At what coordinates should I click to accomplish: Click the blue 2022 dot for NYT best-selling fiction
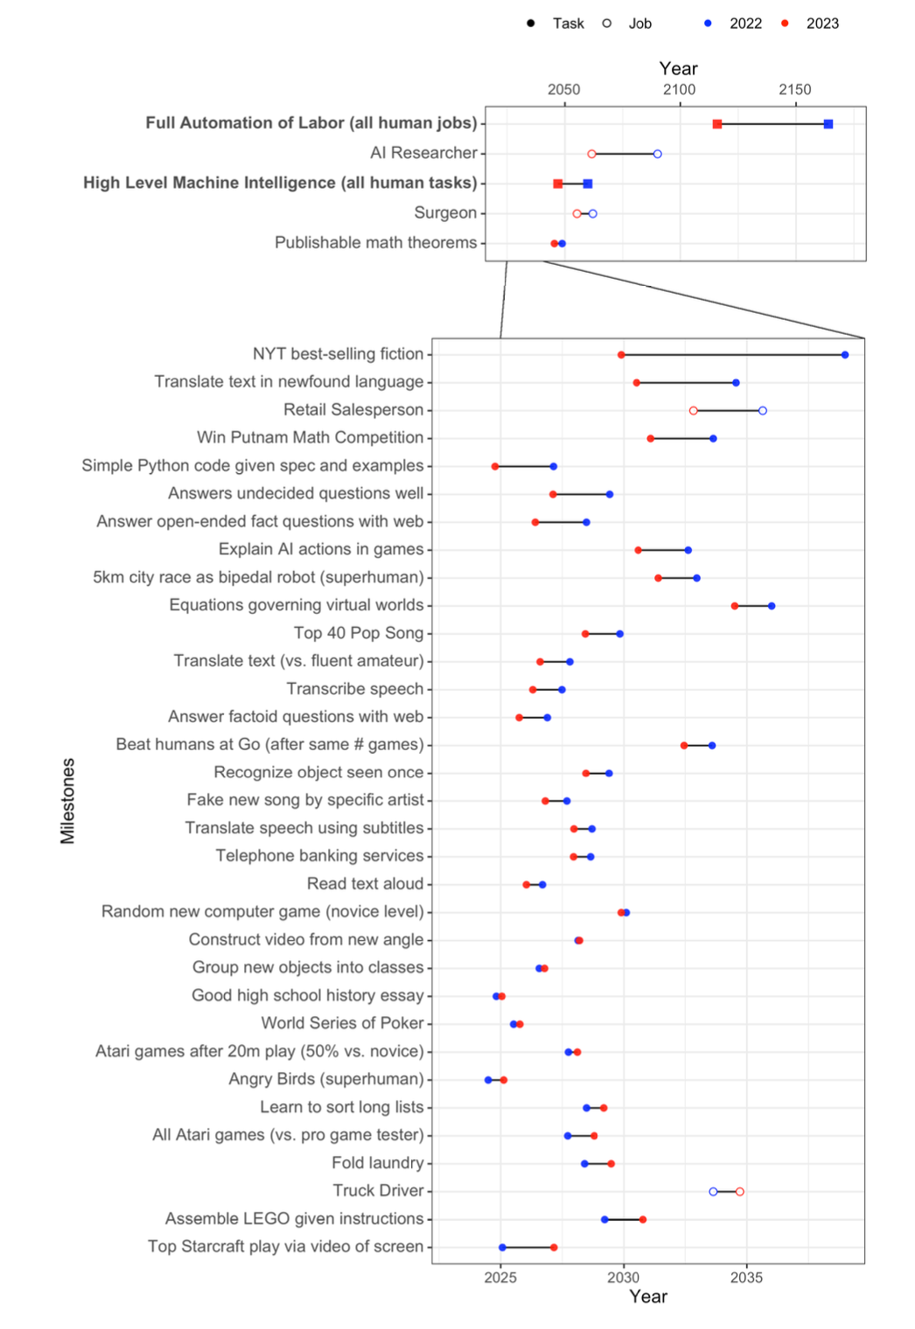[845, 355]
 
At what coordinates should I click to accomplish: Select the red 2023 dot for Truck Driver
[740, 1192]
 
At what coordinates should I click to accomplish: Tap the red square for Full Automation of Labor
[717, 124]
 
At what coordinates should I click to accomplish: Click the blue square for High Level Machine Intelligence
[588, 184]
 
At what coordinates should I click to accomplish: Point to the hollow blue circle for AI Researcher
[658, 154]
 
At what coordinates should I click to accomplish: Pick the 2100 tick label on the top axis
[679, 89]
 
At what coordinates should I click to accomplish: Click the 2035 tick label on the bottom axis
[746, 1277]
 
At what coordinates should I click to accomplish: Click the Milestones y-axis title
[67, 800]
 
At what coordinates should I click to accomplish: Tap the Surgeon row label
[445, 212]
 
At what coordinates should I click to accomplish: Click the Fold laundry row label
[377, 1163]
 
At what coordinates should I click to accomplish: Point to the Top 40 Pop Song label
[359, 633]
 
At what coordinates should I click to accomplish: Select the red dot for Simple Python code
[495, 467]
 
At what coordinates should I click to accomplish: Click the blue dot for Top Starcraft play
[502, 1248]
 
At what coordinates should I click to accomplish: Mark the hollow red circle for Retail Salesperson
[694, 411]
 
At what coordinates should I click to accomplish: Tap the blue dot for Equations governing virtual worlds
[772, 606]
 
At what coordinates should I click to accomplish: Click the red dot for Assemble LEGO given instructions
[643, 1220]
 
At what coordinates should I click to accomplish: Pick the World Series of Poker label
[342, 1023]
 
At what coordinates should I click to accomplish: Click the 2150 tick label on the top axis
[795, 89]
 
